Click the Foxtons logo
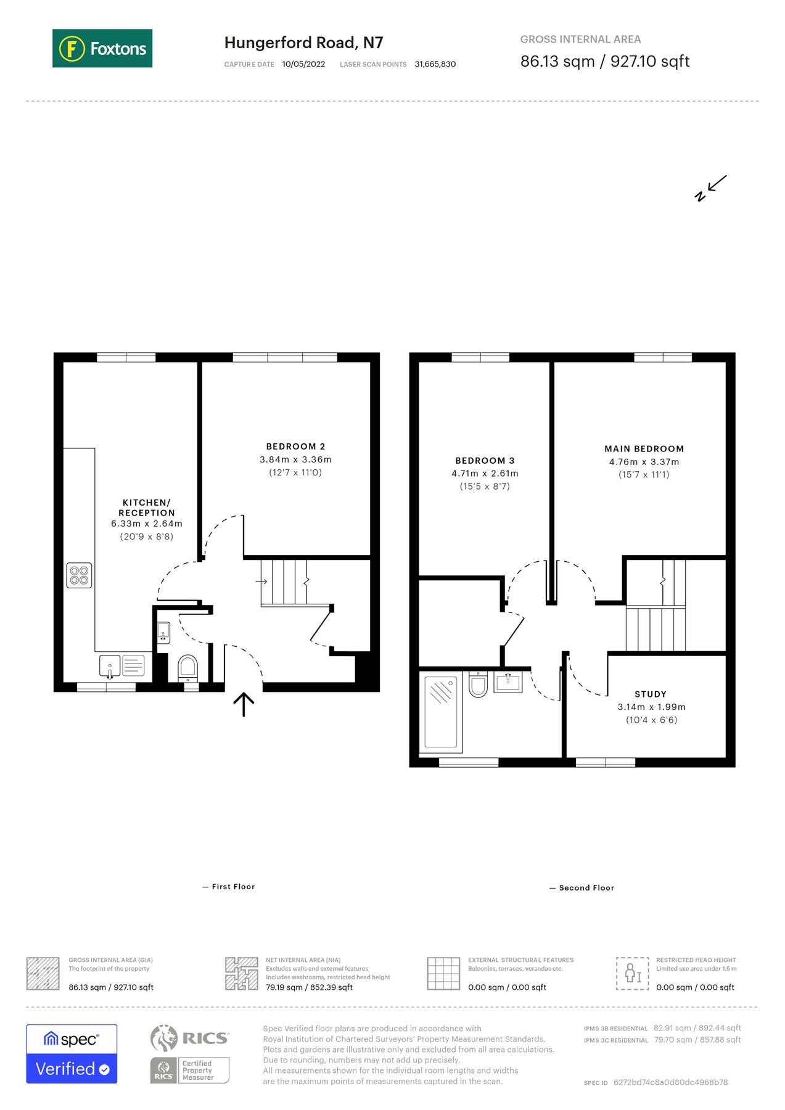(102, 48)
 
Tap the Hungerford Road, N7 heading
(303, 43)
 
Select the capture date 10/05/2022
(303, 64)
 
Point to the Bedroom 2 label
(295, 446)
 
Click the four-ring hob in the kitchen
(79, 575)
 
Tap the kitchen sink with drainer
(122, 666)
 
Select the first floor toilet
(187, 667)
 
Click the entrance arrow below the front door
(244, 704)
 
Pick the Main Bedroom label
(644, 449)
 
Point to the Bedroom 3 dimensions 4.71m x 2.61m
(485, 474)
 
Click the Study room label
(651, 694)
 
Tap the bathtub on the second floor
(442, 712)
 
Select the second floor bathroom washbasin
(508, 682)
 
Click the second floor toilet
(478, 684)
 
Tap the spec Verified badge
(72, 1054)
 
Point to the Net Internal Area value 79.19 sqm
(309, 987)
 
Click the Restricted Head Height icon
(632, 974)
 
